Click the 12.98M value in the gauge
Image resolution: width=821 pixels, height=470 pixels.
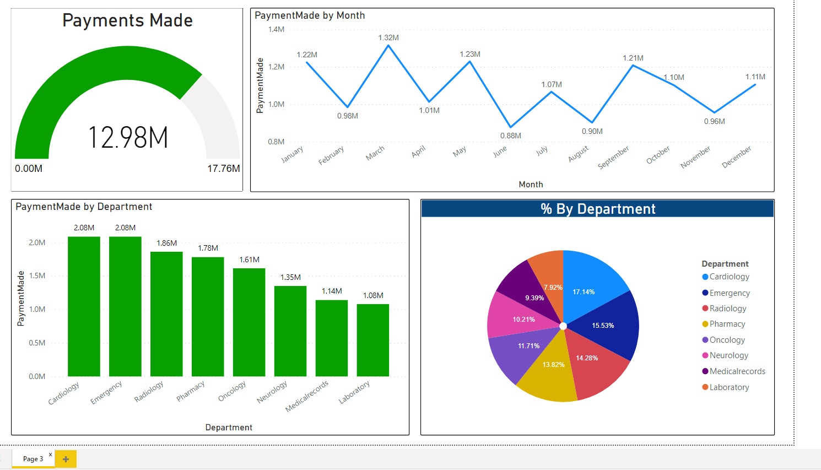pyautogui.click(x=128, y=137)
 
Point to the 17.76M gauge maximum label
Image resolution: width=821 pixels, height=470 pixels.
pyautogui.click(x=223, y=169)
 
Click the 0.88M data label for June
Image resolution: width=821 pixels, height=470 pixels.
pyautogui.click(x=510, y=136)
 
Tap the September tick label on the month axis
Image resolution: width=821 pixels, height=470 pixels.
pyautogui.click(x=613, y=158)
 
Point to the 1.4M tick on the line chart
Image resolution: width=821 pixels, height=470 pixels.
pyautogui.click(x=276, y=29)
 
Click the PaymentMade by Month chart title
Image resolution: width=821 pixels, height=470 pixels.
pyautogui.click(x=310, y=15)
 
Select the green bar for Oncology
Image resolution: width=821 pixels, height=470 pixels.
pyautogui.click(x=249, y=322)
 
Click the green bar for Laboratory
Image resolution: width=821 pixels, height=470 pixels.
pyautogui.click(x=373, y=340)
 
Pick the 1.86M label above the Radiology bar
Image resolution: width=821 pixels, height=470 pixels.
pyautogui.click(x=166, y=243)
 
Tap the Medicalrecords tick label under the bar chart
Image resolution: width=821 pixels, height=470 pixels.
pyautogui.click(x=307, y=396)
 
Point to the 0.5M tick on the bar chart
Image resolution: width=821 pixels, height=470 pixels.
pyautogui.click(x=37, y=343)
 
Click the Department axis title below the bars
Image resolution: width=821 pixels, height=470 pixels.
pyautogui.click(x=229, y=428)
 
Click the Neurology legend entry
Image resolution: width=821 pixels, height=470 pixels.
pyautogui.click(x=728, y=355)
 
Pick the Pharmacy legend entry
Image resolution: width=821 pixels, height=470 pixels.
pyautogui.click(x=727, y=324)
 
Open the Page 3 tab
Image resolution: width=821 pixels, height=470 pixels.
pyautogui.click(x=33, y=459)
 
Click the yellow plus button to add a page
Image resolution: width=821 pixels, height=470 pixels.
pyautogui.click(x=66, y=459)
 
